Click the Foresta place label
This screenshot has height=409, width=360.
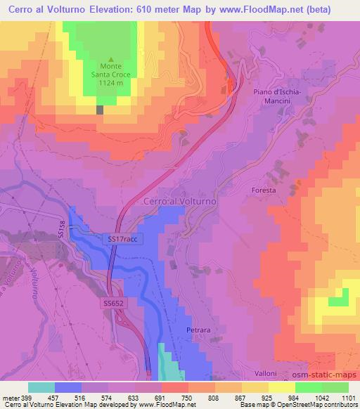coord(264,190)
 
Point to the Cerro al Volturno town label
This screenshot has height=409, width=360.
coord(179,201)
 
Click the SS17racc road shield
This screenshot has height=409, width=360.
coord(126,239)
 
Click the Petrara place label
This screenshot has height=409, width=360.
coord(200,328)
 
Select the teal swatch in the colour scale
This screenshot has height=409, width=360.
coord(41,387)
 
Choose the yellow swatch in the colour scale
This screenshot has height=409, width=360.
coord(282,387)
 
